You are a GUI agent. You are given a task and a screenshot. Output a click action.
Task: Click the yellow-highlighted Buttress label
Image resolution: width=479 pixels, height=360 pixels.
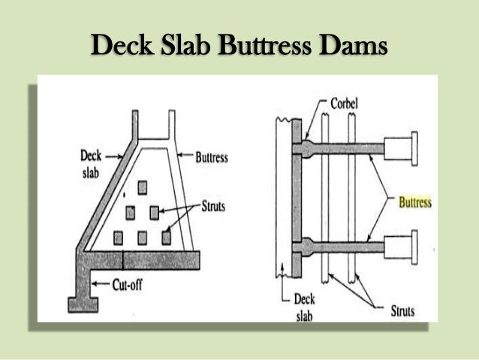(414, 203)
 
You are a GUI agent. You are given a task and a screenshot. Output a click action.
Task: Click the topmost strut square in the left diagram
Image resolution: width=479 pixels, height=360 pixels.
(141, 185)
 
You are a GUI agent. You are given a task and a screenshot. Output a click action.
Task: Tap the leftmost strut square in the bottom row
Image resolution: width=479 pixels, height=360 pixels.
(118, 238)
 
